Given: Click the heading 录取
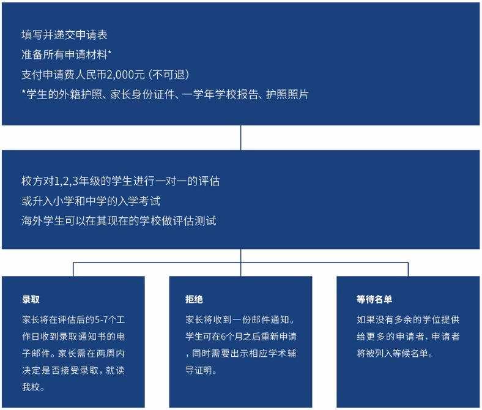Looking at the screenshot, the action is click(x=31, y=299).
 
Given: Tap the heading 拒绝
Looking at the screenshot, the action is click(x=194, y=299).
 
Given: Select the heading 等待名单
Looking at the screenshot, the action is click(x=374, y=299).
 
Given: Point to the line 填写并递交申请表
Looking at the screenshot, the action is click(x=65, y=35).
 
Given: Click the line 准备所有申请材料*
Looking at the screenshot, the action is click(x=67, y=54).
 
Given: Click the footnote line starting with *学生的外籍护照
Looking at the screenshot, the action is click(x=165, y=94).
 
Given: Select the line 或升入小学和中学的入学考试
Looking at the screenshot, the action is click(x=91, y=201).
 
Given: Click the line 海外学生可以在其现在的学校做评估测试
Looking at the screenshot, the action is click(x=119, y=221).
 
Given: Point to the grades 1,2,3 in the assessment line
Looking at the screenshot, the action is click(x=66, y=181).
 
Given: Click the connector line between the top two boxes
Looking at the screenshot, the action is click(x=240, y=138).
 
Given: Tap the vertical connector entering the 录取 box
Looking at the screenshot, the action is click(x=73, y=269).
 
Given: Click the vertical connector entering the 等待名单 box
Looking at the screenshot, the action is click(x=408, y=269).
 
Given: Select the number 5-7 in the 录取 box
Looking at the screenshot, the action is click(x=101, y=320).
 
